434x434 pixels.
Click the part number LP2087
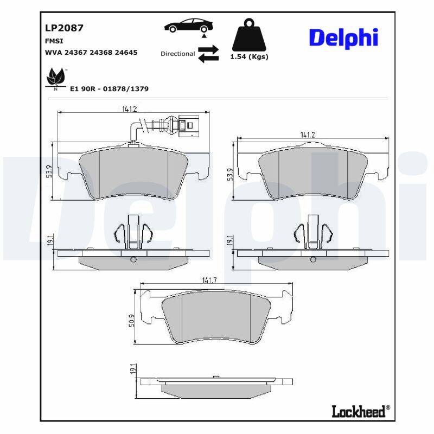(64, 28)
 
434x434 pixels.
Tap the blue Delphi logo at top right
(343, 37)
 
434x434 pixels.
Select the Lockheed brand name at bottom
(360, 411)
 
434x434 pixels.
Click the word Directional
(177, 54)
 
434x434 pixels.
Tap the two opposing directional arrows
(208, 54)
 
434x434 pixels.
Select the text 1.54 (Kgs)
(250, 57)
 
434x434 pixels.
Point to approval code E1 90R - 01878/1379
(110, 88)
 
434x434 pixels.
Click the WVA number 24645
(126, 53)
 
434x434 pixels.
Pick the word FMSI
(53, 41)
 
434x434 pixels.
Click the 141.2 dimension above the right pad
(308, 134)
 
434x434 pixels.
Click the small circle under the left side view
(133, 260)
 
